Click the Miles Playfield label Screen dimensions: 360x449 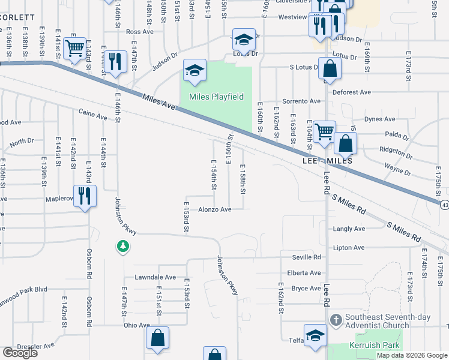click(216, 97)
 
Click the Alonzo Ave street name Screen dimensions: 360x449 click(215, 209)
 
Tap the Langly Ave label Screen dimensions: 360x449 click(349, 229)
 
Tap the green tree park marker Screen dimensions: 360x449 click(122, 246)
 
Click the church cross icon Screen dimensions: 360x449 click(336, 319)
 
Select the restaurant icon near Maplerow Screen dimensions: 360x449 click(85, 196)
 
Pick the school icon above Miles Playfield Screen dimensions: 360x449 click(194, 71)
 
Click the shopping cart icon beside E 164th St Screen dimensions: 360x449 click(324, 131)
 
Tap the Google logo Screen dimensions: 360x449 click(20, 353)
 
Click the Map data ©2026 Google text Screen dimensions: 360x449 click(412, 355)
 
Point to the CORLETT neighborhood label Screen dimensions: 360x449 click(17, 17)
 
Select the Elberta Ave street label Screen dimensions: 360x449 click(304, 272)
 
